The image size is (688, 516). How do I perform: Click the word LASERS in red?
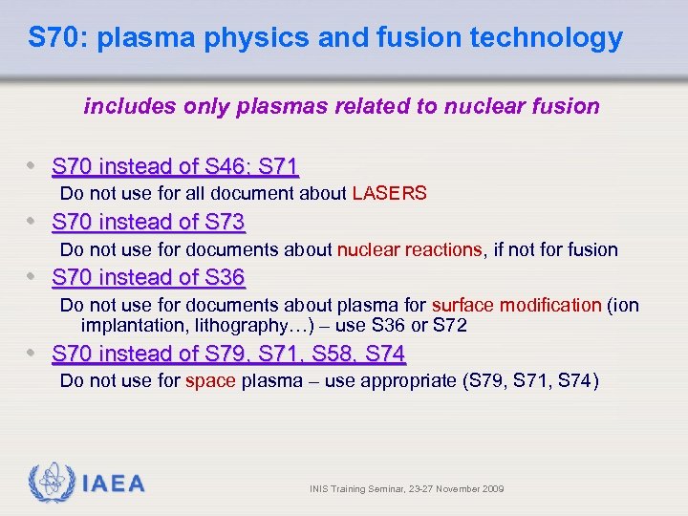point(389,193)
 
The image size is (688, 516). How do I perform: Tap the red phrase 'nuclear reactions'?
point(409,249)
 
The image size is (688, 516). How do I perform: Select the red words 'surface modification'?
point(516,306)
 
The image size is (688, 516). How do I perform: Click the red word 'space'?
point(210,381)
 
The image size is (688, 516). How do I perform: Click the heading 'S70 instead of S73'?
point(148,223)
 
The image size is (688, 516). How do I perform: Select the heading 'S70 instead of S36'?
point(148,278)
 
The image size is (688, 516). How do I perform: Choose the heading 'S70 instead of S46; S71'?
point(175,167)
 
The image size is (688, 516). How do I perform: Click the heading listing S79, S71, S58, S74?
point(228,354)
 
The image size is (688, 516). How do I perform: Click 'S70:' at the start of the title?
point(59,38)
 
